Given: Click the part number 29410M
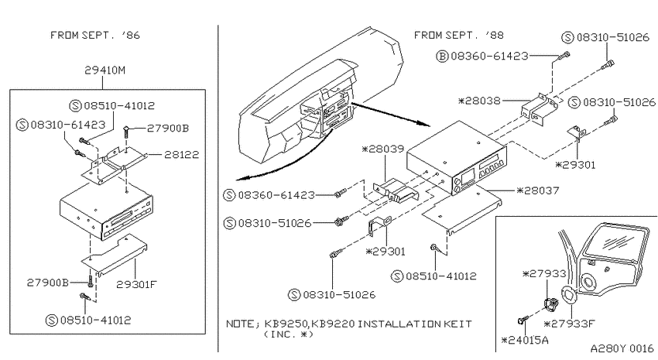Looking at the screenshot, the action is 105,70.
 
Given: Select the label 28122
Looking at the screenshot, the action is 181,154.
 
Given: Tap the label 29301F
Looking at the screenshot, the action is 136,284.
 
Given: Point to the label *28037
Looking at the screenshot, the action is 537,190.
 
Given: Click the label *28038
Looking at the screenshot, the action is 479,101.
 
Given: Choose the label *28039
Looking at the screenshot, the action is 382,149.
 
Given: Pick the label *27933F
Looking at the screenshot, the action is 569,324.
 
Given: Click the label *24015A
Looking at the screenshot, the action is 525,340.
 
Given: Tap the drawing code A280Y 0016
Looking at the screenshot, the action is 622,348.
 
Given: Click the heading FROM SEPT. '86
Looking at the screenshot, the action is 95,35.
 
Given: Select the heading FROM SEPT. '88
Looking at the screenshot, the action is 459,35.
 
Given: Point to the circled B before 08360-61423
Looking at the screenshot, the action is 442,56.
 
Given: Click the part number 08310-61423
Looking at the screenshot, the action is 67,125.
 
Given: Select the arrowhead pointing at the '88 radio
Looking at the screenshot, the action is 425,123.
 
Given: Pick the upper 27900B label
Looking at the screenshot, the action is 168,128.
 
